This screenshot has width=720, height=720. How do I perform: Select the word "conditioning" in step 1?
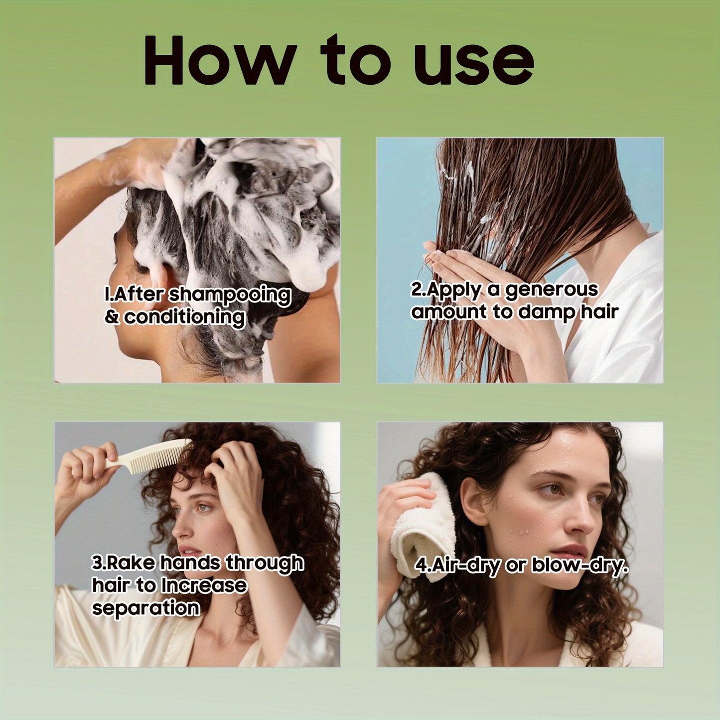coord(184,317)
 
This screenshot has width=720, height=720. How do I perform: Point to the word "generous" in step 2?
coord(552,289)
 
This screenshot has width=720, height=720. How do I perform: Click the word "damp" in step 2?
coord(546,312)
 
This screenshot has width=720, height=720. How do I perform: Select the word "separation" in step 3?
coord(146,608)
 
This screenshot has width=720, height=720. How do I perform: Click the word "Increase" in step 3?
coord(204,585)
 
